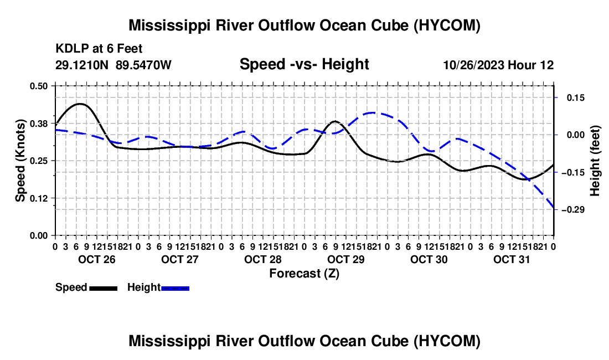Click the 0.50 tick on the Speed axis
38,86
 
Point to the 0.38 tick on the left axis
38,124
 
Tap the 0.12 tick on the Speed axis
38,198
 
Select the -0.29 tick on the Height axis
573,210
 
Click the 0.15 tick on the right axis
576,98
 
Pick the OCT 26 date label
97,259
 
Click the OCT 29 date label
345,259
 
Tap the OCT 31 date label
512,259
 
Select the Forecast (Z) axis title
304,274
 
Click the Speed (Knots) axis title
20,161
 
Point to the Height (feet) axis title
595,161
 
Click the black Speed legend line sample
104,289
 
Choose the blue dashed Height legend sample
175,289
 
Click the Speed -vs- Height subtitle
304,64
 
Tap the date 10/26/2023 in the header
474,65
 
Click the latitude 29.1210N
82,65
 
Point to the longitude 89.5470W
143,65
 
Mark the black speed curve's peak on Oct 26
80,104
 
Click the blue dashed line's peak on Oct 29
373,112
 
